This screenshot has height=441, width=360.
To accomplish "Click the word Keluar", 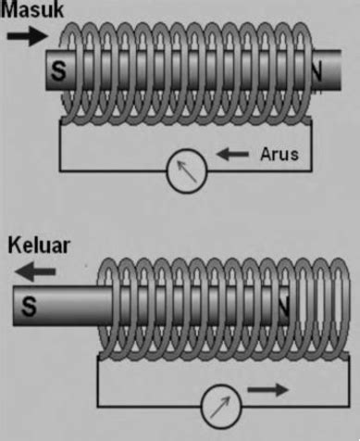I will tap(38, 248).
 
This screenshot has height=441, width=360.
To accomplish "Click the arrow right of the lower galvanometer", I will tap(269, 391).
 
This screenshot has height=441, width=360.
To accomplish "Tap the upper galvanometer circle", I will tap(182, 171).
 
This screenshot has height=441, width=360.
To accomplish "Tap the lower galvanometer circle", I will tap(222, 402).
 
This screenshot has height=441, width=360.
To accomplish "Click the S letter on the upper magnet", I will tap(60, 72).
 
